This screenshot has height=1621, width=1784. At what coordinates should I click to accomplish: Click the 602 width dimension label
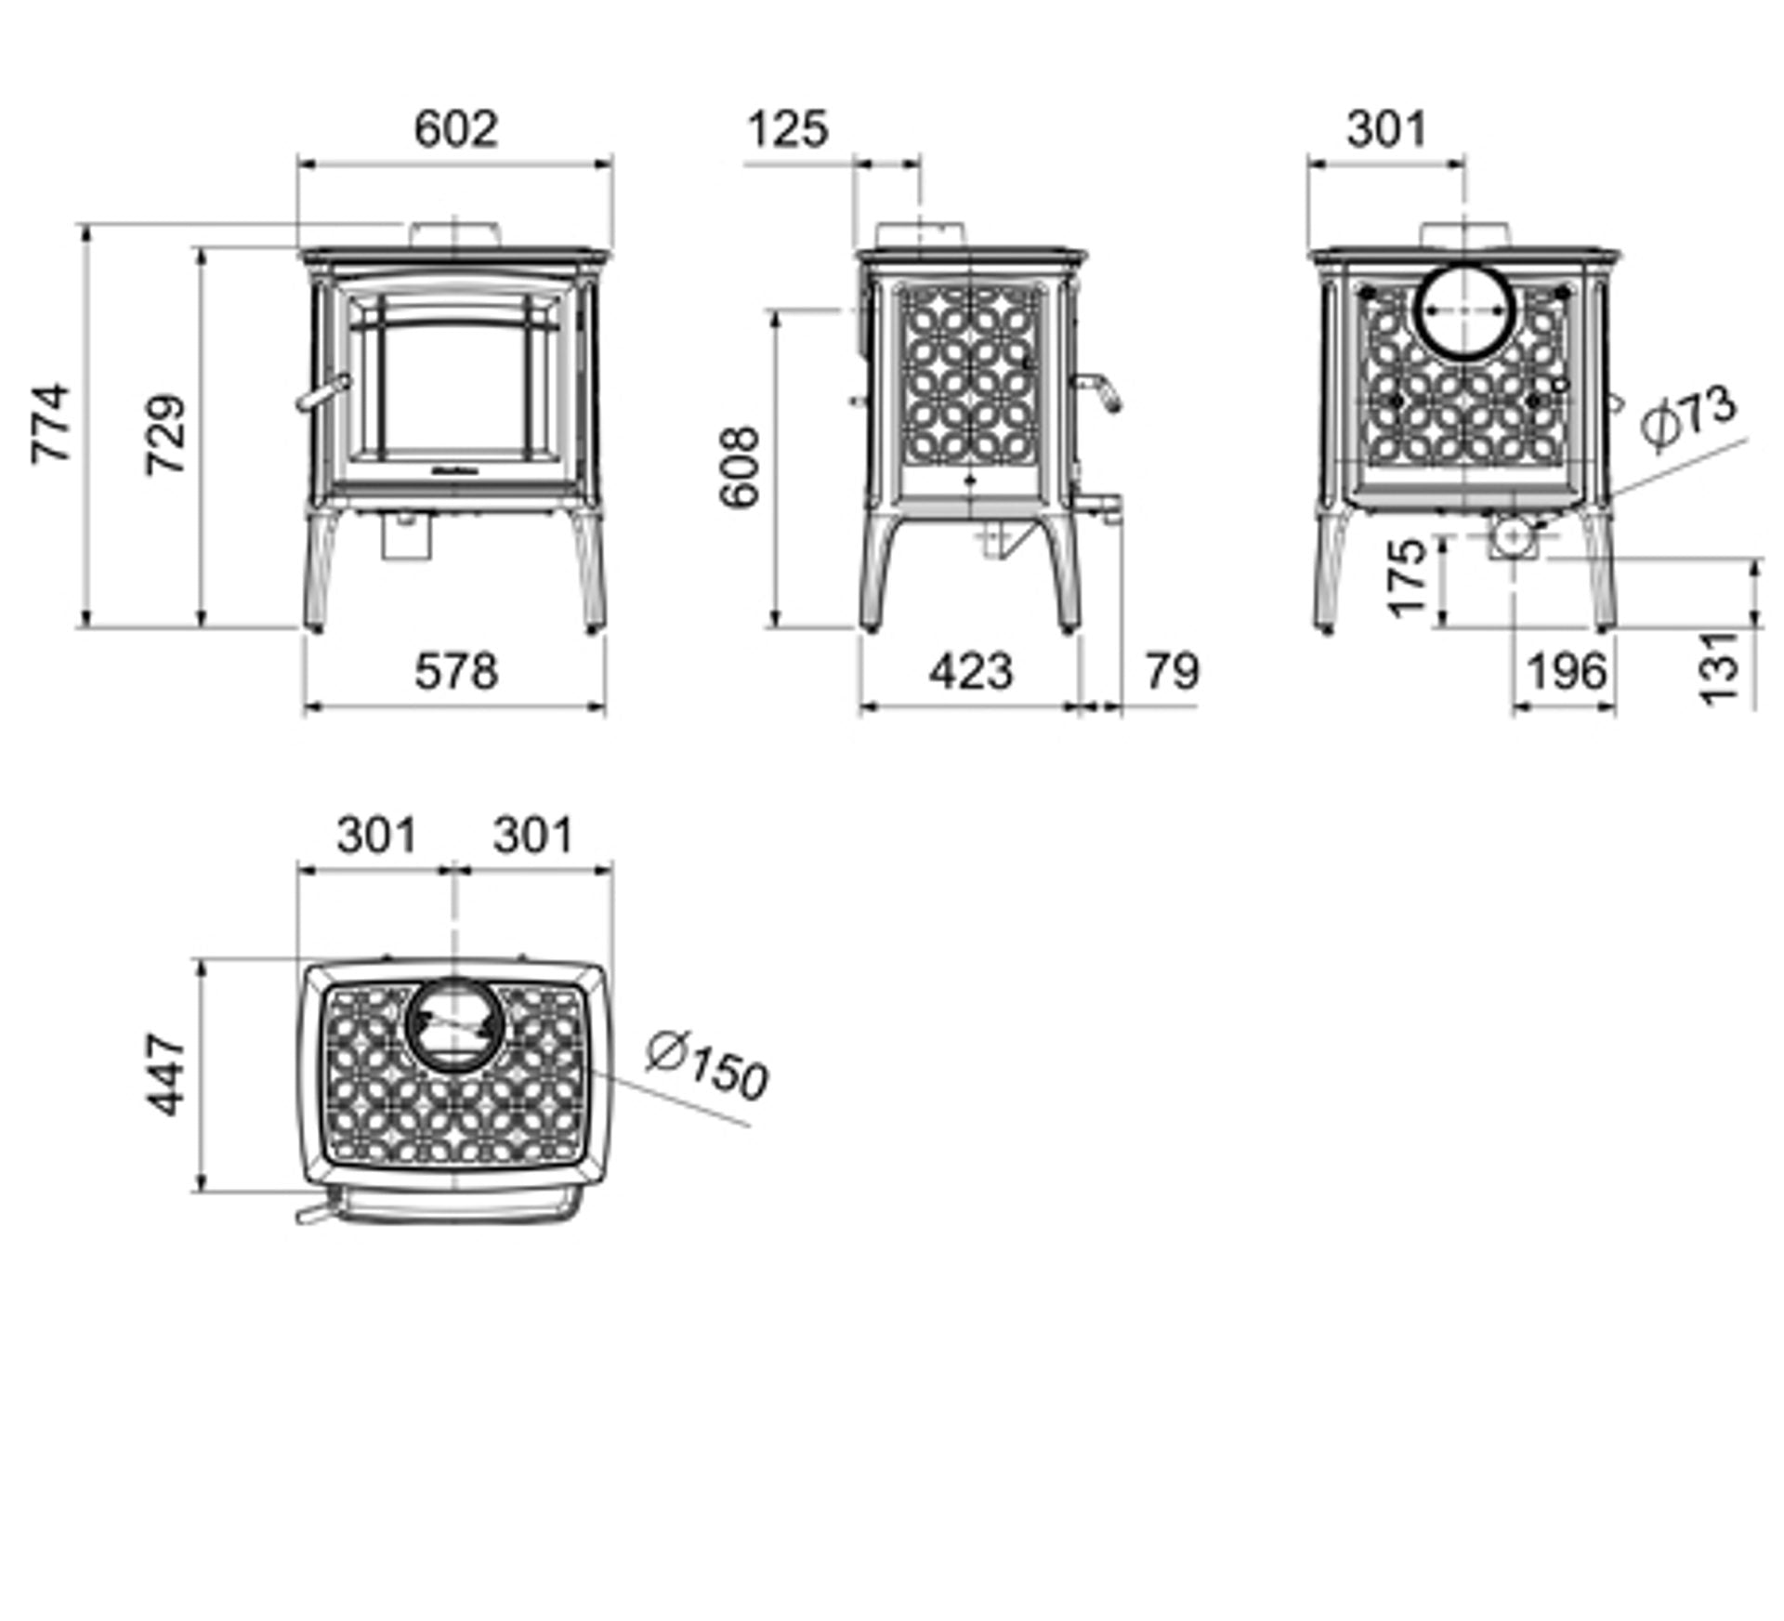(455, 129)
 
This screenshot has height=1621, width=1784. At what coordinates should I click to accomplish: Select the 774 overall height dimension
(51, 423)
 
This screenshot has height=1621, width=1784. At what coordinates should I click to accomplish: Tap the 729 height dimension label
(166, 435)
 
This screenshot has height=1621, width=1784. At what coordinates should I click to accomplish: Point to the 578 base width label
(455, 671)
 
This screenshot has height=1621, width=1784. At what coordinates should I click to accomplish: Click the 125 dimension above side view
(786, 129)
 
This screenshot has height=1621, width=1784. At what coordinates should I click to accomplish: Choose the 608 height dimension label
(741, 467)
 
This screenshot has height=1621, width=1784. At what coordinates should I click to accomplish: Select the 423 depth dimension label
(970, 671)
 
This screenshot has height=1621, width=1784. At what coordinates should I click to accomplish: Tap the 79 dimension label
(1173, 671)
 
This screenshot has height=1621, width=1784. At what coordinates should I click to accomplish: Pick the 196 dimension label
(1567, 671)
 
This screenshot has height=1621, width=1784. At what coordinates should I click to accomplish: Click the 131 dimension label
(1721, 667)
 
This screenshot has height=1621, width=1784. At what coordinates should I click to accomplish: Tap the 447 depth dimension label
(166, 1074)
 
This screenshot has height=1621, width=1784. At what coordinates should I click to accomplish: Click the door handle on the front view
(323, 393)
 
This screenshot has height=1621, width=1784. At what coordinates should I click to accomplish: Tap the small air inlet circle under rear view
(1513, 536)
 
